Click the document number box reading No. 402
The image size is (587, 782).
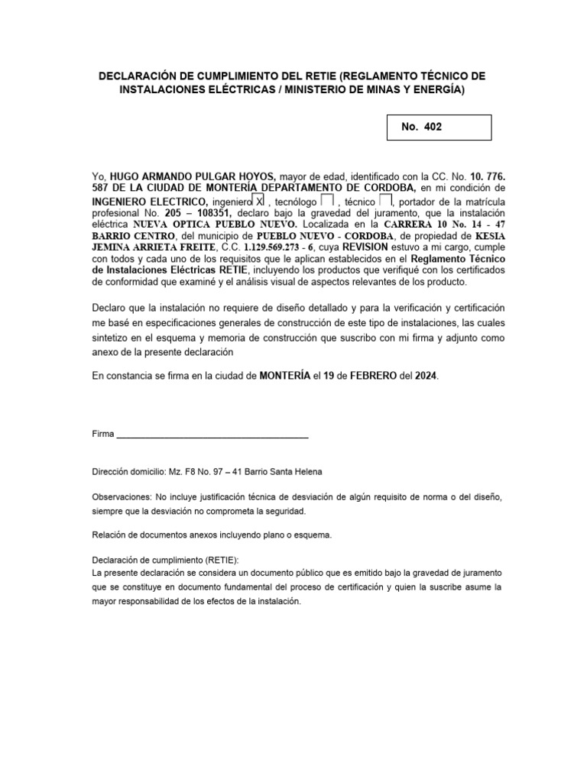[440, 128]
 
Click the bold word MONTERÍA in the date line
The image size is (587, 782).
[285, 376]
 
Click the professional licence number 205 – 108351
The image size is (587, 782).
[196, 213]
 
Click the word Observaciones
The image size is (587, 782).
[121, 496]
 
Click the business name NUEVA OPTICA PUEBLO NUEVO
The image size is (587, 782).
[215, 225]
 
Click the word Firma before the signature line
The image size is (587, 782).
[102, 434]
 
